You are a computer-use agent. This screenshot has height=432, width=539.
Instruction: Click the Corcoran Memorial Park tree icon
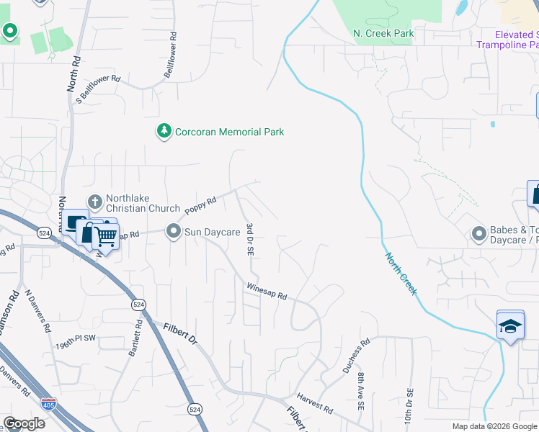click(x=165, y=131)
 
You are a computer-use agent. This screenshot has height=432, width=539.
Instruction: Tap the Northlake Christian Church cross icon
click(x=94, y=202)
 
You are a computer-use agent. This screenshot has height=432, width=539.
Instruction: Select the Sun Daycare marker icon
click(x=173, y=232)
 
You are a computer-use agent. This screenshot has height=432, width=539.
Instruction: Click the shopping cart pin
click(x=106, y=235)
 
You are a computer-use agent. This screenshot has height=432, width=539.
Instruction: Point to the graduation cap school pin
click(x=509, y=325)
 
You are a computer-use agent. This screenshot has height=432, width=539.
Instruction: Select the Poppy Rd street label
click(x=201, y=206)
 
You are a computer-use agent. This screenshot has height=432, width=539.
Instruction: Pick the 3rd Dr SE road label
click(x=249, y=240)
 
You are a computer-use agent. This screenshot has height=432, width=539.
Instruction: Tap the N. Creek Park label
click(x=383, y=33)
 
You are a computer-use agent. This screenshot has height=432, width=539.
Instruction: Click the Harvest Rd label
click(x=315, y=405)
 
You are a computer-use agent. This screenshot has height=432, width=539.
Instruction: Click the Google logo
click(x=24, y=423)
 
